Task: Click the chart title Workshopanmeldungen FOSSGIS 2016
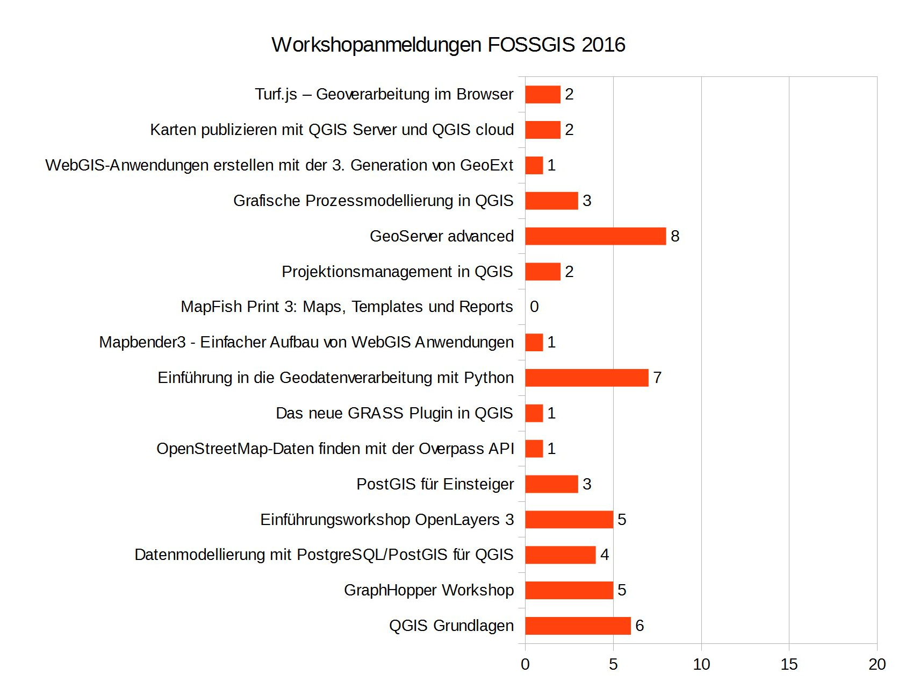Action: pyautogui.click(x=448, y=45)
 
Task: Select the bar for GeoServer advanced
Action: pyautogui.click(x=595, y=236)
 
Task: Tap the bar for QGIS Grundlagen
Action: pyautogui.click(x=578, y=626)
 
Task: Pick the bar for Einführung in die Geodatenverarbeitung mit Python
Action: pyautogui.click(x=586, y=378)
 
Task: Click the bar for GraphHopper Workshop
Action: pyautogui.click(x=569, y=590)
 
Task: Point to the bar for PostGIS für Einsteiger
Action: pyautogui.click(x=551, y=484)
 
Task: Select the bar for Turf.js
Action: pyautogui.click(x=543, y=94)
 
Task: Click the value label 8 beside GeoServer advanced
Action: pyautogui.click(x=675, y=236)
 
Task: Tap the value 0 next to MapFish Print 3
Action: pyautogui.click(x=534, y=307)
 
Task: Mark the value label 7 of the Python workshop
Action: pyautogui.click(x=657, y=378)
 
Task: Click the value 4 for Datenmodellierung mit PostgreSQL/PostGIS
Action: pyautogui.click(x=605, y=555)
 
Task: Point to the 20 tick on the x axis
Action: pyautogui.click(x=877, y=664)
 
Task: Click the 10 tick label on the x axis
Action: pyautogui.click(x=701, y=664)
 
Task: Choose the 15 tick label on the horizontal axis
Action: pyautogui.click(x=789, y=664)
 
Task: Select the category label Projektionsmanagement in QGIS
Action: pyautogui.click(x=397, y=272)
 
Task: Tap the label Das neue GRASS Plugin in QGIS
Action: pyautogui.click(x=394, y=413)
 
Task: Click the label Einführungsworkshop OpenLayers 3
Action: pyautogui.click(x=387, y=520)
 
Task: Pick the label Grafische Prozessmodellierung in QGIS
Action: pyautogui.click(x=373, y=201)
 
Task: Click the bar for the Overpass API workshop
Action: pyautogui.click(x=534, y=449)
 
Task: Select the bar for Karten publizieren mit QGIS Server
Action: pyautogui.click(x=543, y=130)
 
